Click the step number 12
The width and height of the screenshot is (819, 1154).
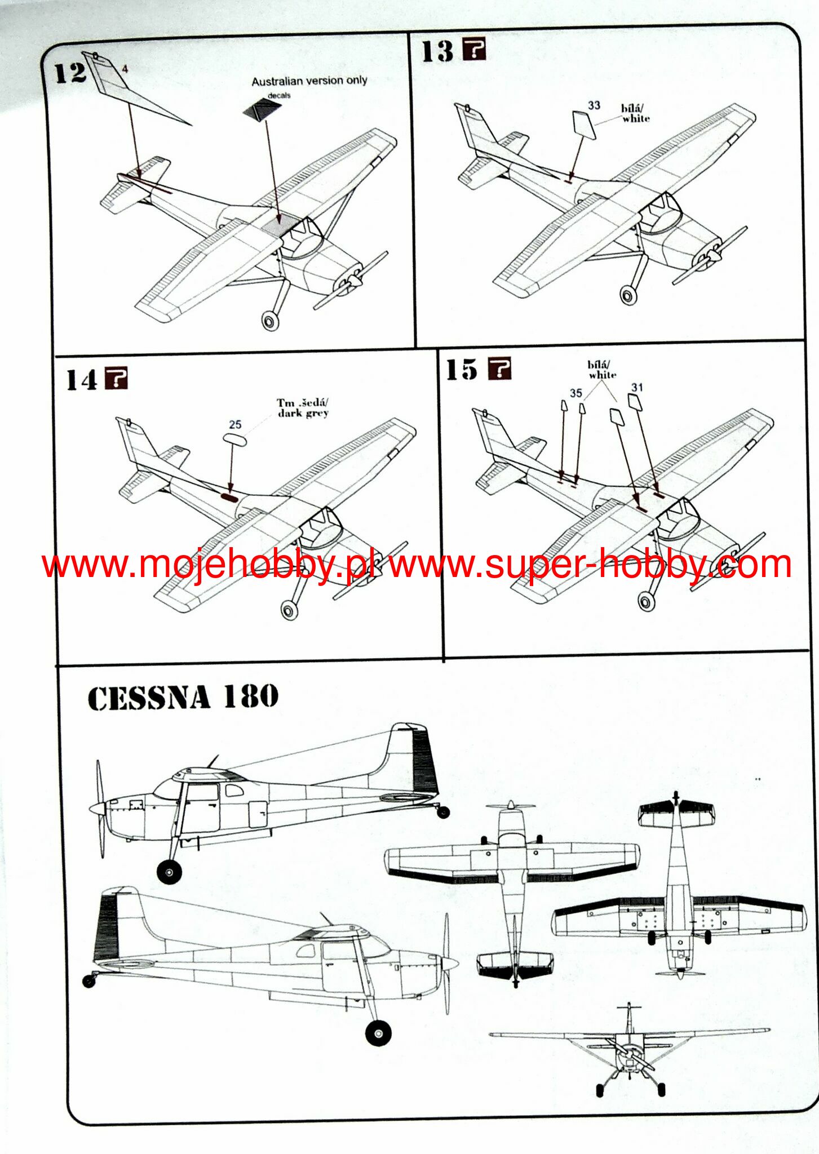tap(70, 73)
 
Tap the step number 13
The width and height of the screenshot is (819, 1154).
tap(437, 51)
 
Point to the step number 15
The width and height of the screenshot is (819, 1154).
tap(462, 370)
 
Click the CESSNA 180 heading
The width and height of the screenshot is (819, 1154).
tap(183, 698)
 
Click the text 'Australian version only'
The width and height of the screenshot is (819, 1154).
tap(309, 81)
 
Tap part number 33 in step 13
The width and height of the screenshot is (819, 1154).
tap(594, 105)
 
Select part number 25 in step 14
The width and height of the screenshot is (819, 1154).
tap(235, 424)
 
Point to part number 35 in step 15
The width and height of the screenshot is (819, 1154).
tap(575, 393)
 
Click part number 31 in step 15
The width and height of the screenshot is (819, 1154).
tap(637, 387)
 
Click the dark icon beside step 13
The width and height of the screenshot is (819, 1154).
tap(474, 50)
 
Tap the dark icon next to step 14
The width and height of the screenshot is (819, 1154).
tap(117, 378)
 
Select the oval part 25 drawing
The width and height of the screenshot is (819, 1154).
tap(234, 440)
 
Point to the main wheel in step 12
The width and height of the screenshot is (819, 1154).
tap(271, 321)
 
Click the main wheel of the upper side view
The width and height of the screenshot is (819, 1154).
tap(169, 872)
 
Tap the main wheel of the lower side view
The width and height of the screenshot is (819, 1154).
tap(378, 1033)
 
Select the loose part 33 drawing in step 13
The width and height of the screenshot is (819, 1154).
tap(584, 125)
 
